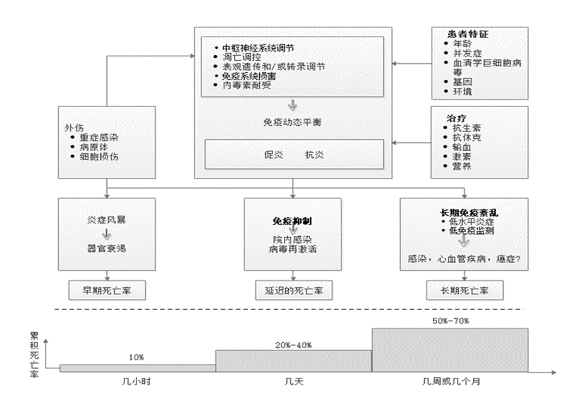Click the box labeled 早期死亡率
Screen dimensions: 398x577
click(x=106, y=290)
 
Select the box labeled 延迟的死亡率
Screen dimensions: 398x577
click(x=294, y=290)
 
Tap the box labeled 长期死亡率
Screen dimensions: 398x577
click(x=465, y=290)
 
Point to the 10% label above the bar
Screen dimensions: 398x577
click(x=136, y=358)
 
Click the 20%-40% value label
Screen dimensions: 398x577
click(x=293, y=344)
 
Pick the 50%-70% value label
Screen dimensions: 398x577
click(x=450, y=321)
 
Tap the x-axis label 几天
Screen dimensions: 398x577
click(x=293, y=382)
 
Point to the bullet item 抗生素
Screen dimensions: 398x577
click(x=467, y=127)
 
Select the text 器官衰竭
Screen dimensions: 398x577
click(x=106, y=248)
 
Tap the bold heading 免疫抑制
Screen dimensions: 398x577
click(x=293, y=222)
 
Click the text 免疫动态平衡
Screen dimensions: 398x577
click(x=293, y=122)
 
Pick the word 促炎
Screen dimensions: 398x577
click(x=272, y=154)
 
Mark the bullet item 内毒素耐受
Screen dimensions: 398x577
click(x=247, y=85)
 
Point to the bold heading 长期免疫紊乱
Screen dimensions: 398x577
click(x=466, y=213)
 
